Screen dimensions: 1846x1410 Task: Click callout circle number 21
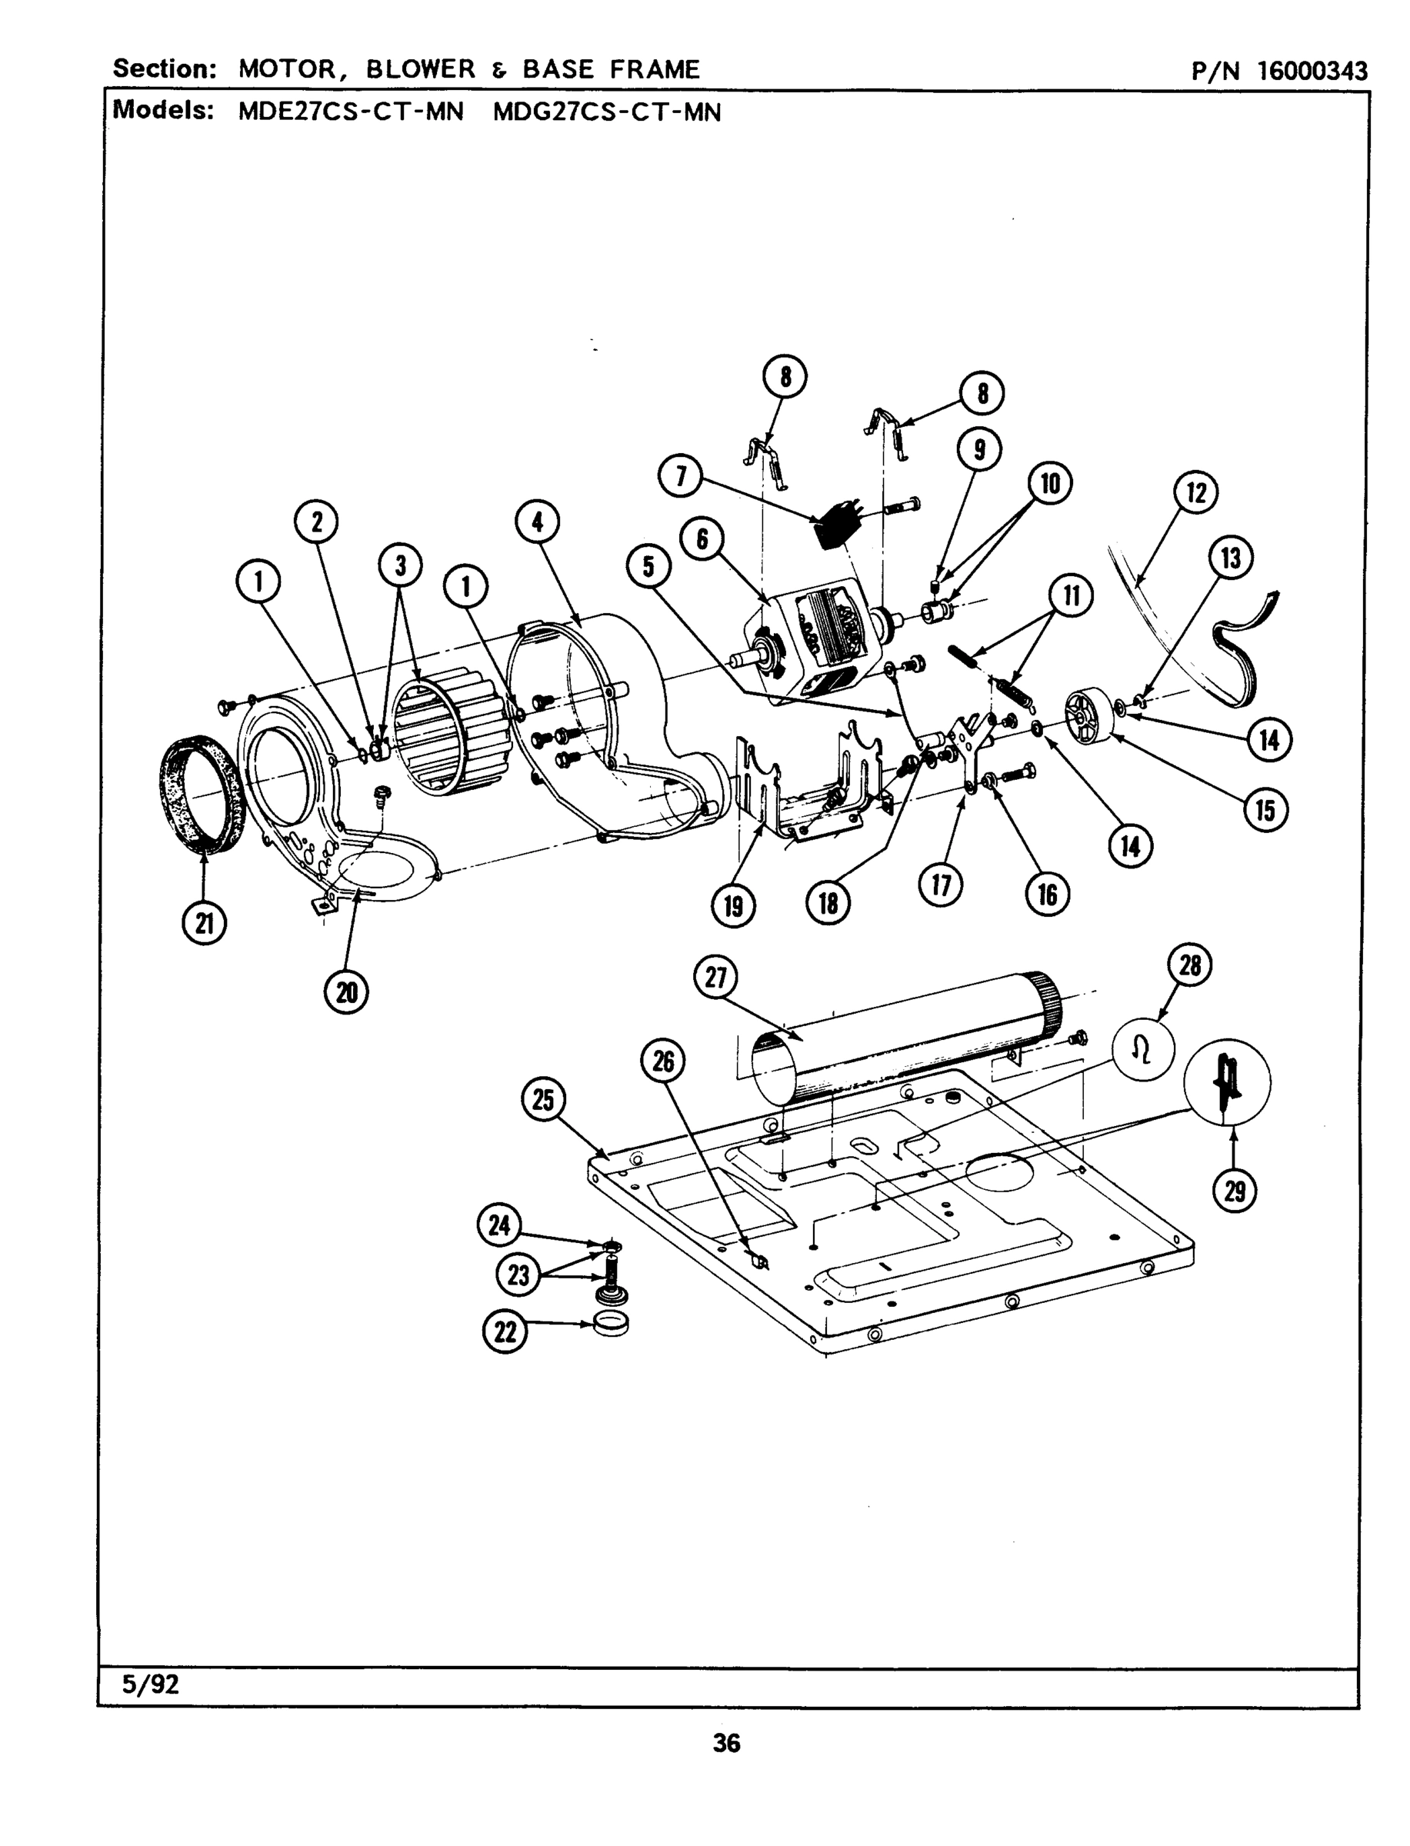click(x=204, y=923)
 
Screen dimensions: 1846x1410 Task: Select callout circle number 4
click(x=537, y=522)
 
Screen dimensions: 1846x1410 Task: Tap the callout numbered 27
click(x=715, y=978)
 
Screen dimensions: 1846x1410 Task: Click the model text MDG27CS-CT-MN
click(x=607, y=112)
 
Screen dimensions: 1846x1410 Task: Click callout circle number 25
click(x=543, y=1098)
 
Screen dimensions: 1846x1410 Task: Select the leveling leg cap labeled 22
click(x=611, y=1324)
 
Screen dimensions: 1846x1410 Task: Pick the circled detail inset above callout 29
click(x=1226, y=1082)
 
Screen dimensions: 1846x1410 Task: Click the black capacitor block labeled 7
click(x=835, y=528)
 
